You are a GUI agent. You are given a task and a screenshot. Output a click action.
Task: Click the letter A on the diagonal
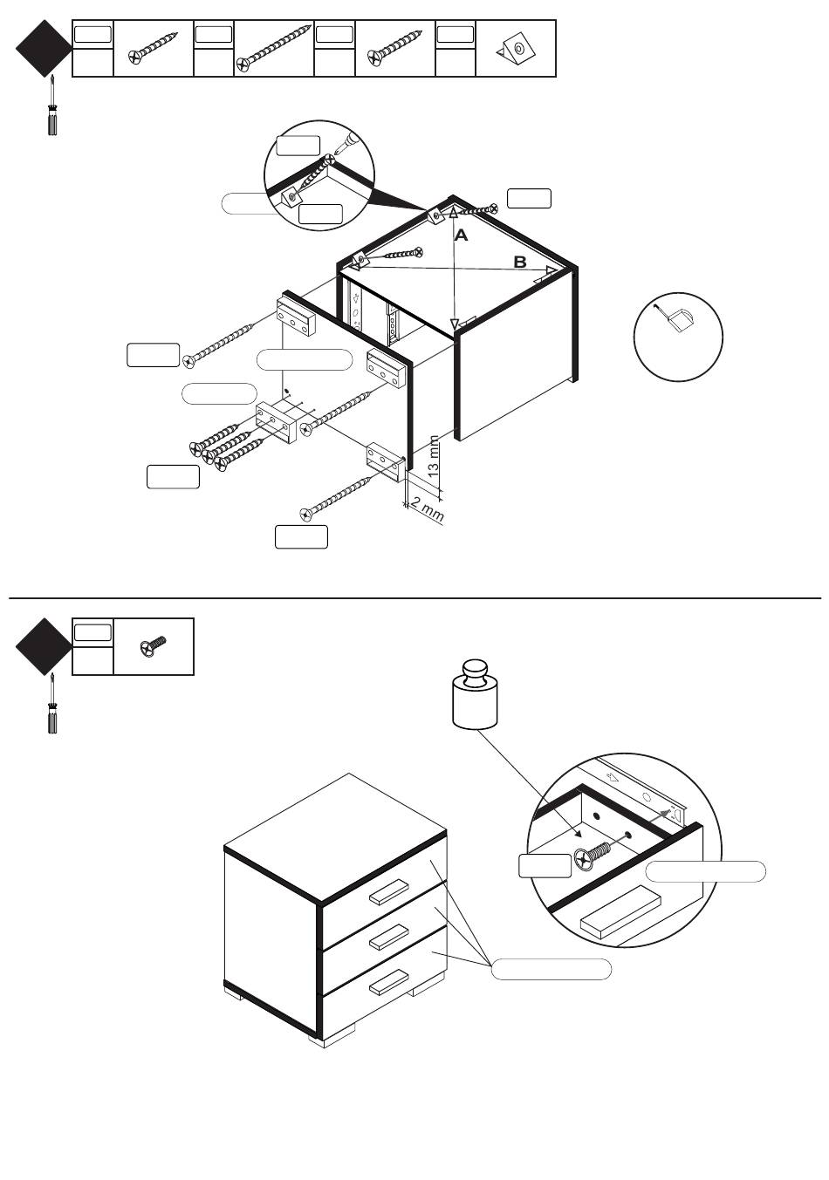(461, 235)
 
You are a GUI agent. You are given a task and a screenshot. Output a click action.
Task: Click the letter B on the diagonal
(520, 262)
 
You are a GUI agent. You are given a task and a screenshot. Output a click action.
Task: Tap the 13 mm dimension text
(433, 456)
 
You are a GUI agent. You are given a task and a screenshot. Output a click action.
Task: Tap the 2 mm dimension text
(428, 509)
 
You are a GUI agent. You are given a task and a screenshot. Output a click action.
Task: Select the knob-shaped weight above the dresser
(475, 693)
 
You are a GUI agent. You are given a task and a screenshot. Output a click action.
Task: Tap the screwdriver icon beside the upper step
(52, 107)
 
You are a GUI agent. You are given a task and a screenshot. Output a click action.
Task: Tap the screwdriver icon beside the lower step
(52, 704)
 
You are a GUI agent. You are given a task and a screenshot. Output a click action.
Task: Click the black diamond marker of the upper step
(44, 49)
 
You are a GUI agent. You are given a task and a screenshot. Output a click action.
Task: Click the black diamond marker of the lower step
(44, 646)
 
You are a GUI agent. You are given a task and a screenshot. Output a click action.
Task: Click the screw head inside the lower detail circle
(584, 860)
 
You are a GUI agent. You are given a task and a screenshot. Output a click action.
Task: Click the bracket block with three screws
(276, 422)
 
